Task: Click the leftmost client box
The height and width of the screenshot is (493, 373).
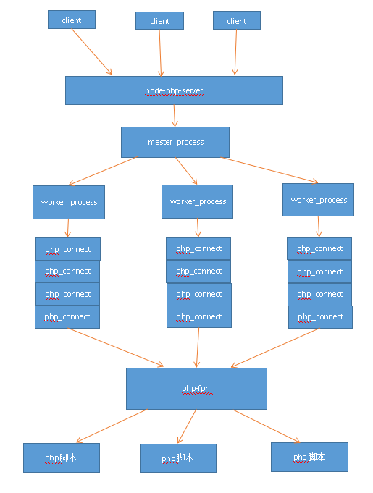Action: pyautogui.click(x=72, y=20)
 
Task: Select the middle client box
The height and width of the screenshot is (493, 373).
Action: pyautogui.click(x=159, y=21)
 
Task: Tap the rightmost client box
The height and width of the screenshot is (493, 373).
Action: pyautogui.click(x=236, y=21)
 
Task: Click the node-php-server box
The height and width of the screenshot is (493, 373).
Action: pyautogui.click(x=174, y=90)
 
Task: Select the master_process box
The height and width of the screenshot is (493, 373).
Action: pyautogui.click(x=175, y=142)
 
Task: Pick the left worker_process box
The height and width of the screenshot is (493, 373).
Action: pyautogui.click(x=68, y=202)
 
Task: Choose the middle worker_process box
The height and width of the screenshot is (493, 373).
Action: pyautogui.click(x=197, y=201)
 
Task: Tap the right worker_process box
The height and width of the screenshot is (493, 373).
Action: pyautogui.click(x=318, y=200)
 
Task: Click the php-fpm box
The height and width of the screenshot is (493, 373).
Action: pyautogui.click(x=196, y=389)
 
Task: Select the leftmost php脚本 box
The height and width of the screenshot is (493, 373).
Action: pyautogui.click(x=61, y=458)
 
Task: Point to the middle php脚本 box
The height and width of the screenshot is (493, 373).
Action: pyautogui.click(x=177, y=458)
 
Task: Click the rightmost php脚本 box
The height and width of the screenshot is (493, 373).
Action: pyautogui.click(x=309, y=457)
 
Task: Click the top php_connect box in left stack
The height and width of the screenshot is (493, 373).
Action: pyautogui.click(x=68, y=249)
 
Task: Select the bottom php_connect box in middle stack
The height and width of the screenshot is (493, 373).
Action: pyautogui.click(x=198, y=316)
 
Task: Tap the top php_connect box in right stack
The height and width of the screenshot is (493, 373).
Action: pyautogui.click(x=319, y=249)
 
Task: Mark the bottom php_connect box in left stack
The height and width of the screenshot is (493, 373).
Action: pyautogui.click(x=67, y=316)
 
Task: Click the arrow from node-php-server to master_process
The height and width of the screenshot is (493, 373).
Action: pyautogui.click(x=175, y=116)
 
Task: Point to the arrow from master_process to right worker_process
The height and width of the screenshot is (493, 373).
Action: pyautogui.click(x=269, y=170)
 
